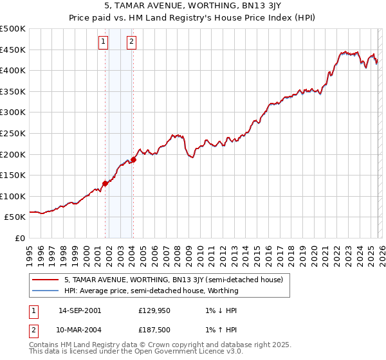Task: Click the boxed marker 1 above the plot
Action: (103, 42)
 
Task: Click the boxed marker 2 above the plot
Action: (131, 42)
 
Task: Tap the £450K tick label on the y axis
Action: (14, 50)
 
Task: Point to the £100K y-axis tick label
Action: (14, 196)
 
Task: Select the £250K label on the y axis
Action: (14, 134)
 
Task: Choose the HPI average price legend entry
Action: (151, 291)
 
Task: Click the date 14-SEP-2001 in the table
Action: (80, 310)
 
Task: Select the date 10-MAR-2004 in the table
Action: (80, 332)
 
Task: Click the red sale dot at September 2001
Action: (105, 183)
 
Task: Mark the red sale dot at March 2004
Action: (133, 159)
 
